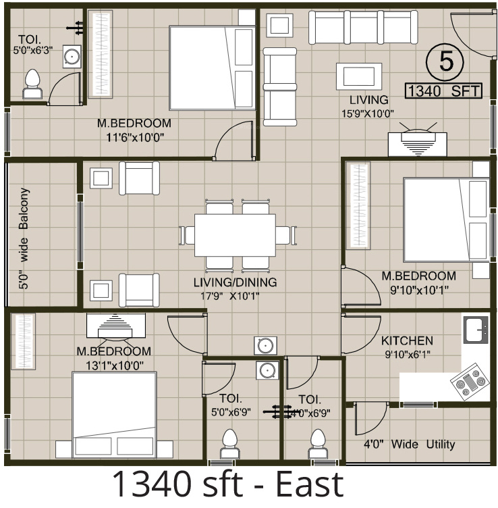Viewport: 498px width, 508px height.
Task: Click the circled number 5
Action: [x=445, y=61]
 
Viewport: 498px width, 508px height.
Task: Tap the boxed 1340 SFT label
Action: [x=443, y=91]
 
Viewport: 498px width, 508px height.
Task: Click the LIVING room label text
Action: [x=364, y=100]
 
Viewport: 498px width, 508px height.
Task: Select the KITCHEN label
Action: [x=407, y=340]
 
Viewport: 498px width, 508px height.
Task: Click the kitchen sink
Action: [x=476, y=330]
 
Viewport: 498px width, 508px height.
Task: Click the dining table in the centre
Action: [x=234, y=234]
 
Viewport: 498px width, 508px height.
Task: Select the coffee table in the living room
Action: [x=356, y=74]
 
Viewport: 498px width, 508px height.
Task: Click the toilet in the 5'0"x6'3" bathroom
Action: [x=32, y=84]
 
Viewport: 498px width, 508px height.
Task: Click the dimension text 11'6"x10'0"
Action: [x=134, y=137]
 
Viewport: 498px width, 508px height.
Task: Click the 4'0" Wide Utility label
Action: [x=410, y=444]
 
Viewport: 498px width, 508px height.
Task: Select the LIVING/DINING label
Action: [x=235, y=282]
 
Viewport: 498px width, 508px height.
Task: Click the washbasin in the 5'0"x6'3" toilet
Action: [x=70, y=57]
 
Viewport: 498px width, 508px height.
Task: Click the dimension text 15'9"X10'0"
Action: [x=368, y=113]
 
